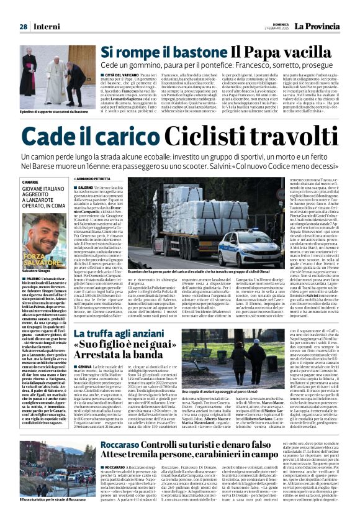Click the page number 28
[23, 27]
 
